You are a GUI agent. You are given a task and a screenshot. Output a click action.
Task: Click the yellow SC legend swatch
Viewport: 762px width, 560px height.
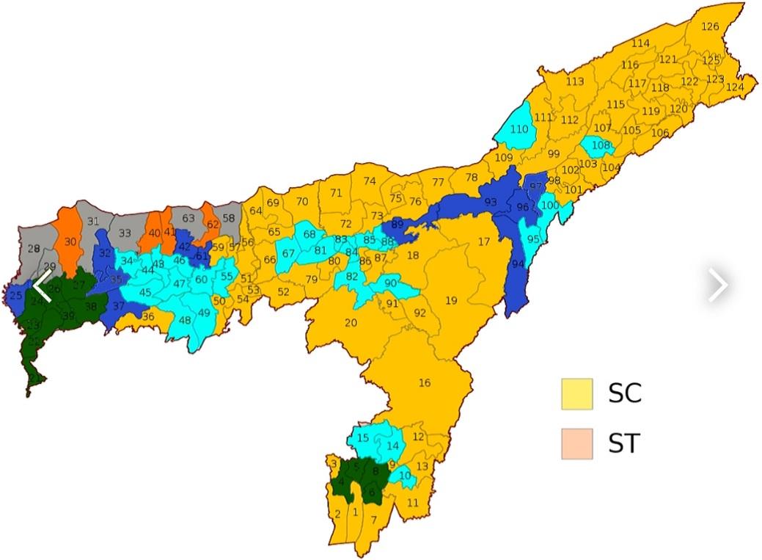(x=577, y=394)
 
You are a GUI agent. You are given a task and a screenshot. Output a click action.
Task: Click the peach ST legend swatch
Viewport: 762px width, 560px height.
(x=577, y=444)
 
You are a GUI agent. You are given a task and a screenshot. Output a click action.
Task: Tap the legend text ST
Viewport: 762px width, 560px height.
(x=624, y=444)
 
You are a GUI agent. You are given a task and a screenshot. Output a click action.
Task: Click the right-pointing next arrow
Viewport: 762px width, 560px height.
(x=718, y=286)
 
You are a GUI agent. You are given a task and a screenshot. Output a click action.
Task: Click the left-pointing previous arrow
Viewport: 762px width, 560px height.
(x=42, y=286)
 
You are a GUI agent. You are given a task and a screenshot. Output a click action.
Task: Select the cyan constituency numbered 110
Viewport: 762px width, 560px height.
(x=519, y=129)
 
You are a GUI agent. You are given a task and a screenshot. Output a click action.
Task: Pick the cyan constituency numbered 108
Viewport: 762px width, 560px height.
(x=601, y=145)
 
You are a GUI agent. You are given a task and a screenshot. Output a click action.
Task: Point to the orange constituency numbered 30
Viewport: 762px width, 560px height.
(x=70, y=241)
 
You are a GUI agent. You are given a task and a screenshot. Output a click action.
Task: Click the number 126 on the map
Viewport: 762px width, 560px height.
(x=710, y=27)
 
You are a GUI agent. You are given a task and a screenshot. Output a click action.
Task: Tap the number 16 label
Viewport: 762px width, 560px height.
(x=425, y=382)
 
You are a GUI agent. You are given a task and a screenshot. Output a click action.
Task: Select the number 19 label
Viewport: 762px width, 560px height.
(x=451, y=300)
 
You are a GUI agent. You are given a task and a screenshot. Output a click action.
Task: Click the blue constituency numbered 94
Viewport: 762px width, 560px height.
(x=518, y=264)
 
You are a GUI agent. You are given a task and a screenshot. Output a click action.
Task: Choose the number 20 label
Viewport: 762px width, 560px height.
(x=351, y=323)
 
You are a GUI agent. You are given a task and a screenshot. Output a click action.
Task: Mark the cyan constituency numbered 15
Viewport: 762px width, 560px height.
(x=363, y=438)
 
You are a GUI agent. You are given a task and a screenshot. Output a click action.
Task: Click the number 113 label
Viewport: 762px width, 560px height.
(x=575, y=81)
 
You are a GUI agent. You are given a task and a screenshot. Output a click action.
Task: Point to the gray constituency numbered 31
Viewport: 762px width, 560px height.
(x=93, y=221)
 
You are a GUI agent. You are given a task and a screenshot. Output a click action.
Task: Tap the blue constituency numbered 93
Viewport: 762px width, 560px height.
(x=491, y=202)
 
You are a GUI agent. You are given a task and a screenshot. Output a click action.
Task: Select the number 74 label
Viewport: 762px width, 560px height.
(x=370, y=181)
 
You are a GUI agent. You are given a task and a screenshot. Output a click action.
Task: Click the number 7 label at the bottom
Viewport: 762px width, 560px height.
(x=373, y=520)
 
